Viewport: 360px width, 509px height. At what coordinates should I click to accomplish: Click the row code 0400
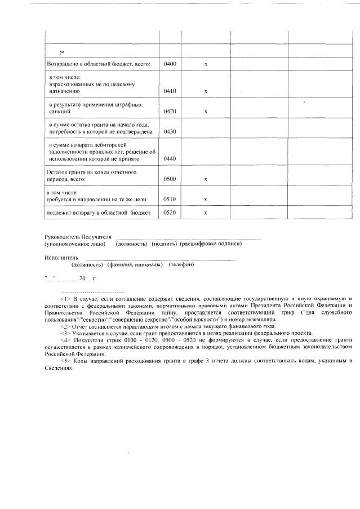(x=170, y=64)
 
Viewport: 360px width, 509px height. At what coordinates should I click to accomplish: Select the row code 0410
(x=170, y=91)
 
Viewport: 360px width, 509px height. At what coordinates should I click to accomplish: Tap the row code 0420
(x=170, y=112)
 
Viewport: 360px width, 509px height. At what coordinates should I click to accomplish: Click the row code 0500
(x=170, y=179)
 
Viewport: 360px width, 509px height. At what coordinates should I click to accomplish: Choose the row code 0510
(x=170, y=199)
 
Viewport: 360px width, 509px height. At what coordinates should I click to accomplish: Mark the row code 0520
(x=170, y=213)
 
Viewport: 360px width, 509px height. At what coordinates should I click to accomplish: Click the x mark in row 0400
(x=206, y=64)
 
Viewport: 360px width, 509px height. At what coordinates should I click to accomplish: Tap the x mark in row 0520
(x=206, y=213)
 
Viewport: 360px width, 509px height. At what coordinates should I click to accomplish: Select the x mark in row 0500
(x=206, y=179)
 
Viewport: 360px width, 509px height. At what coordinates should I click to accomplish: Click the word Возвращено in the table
(x=62, y=64)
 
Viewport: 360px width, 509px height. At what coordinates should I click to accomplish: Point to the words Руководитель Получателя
(x=78, y=237)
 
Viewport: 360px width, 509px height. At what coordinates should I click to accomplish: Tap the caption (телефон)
(x=181, y=264)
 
